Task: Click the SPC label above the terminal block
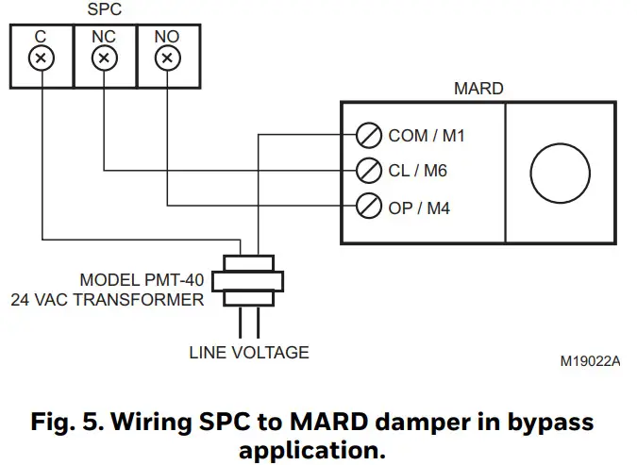pyautogui.click(x=104, y=10)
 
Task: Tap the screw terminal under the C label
pyautogui.click(x=41, y=58)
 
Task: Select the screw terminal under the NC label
pyautogui.click(x=104, y=58)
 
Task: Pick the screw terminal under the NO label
pyautogui.click(x=167, y=58)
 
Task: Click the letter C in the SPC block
pyautogui.click(x=41, y=36)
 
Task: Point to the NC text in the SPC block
pyautogui.click(x=104, y=36)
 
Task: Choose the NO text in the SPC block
pyautogui.click(x=167, y=36)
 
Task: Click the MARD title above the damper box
pyautogui.click(x=478, y=90)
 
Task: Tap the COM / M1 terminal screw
pyautogui.click(x=369, y=136)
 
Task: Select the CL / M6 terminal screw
pyautogui.click(x=369, y=171)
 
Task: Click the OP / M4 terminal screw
pyautogui.click(x=369, y=206)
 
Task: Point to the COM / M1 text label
pyautogui.click(x=427, y=136)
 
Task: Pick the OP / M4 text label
pyautogui.click(x=419, y=207)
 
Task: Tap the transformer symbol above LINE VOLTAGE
pyautogui.click(x=247, y=280)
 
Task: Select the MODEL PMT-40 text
pyautogui.click(x=141, y=280)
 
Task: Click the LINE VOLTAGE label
pyautogui.click(x=249, y=353)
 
